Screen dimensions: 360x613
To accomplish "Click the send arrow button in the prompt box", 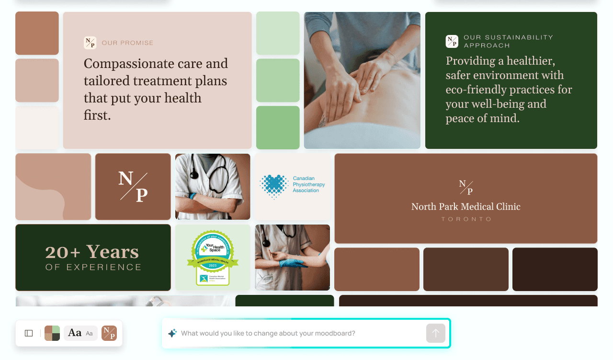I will tap(435, 333).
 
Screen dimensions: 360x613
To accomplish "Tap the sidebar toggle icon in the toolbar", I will tap(29, 333).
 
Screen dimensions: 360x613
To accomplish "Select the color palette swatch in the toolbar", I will tap(52, 333).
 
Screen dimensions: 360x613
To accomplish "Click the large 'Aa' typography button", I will tap(75, 333).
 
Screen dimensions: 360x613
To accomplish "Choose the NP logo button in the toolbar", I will tap(109, 333).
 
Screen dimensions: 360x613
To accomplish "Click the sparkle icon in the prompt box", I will tap(172, 333).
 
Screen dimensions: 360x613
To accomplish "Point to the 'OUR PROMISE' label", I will tap(127, 43).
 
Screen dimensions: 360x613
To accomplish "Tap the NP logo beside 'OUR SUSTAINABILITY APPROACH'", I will tap(452, 41).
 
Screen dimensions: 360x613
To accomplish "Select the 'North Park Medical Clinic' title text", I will tap(465, 207).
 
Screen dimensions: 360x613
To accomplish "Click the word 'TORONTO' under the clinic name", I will tap(466, 219).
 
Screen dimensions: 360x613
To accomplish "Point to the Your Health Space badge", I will tap(212, 258).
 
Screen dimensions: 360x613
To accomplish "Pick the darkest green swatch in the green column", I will tap(278, 127).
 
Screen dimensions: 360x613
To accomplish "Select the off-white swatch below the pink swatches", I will tap(37, 127).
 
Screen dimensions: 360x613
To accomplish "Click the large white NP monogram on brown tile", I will tap(133, 186).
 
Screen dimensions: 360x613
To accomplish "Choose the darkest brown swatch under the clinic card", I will tap(555, 269).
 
